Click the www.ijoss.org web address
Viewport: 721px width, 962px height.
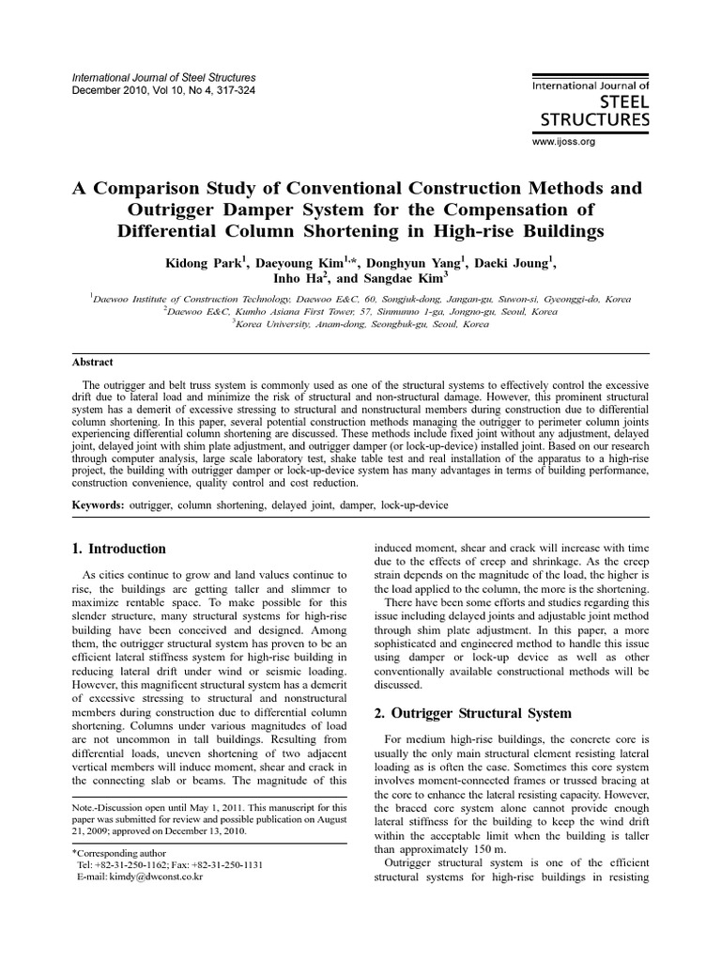(564, 142)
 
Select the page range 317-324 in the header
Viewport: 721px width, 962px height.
(229, 90)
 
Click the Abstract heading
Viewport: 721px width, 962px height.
(93, 362)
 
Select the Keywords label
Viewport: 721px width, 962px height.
(98, 505)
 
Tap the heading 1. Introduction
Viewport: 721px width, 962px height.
(119, 549)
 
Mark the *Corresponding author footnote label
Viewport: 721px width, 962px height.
(119, 851)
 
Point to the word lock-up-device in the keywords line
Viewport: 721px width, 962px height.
(414, 505)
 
